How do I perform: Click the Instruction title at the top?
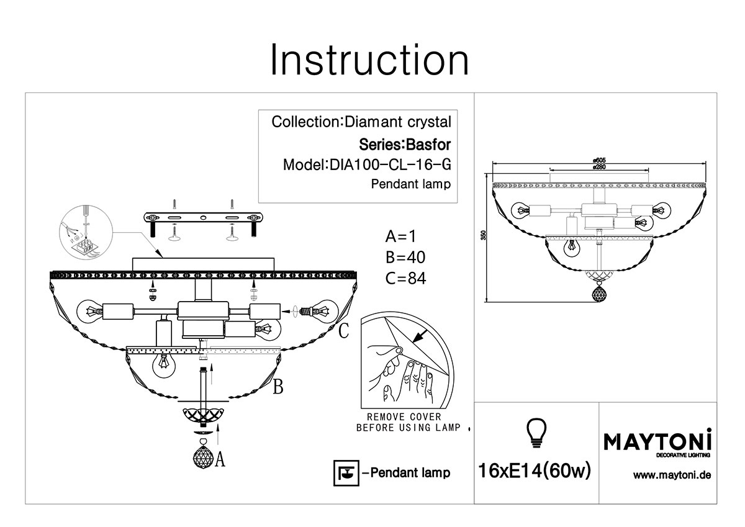tap(369, 60)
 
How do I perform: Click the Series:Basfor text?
tap(405, 145)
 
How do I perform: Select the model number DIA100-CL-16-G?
tap(387, 165)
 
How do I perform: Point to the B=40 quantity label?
tap(405, 258)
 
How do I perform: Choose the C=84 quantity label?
tap(405, 279)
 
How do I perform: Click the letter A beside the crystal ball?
tap(220, 459)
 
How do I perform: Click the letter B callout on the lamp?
tap(278, 387)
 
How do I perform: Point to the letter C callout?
tap(343, 331)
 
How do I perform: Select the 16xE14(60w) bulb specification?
tap(535, 472)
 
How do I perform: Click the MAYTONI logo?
tap(657, 441)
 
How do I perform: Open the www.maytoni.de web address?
tap(671, 476)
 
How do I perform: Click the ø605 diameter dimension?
tap(599, 160)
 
